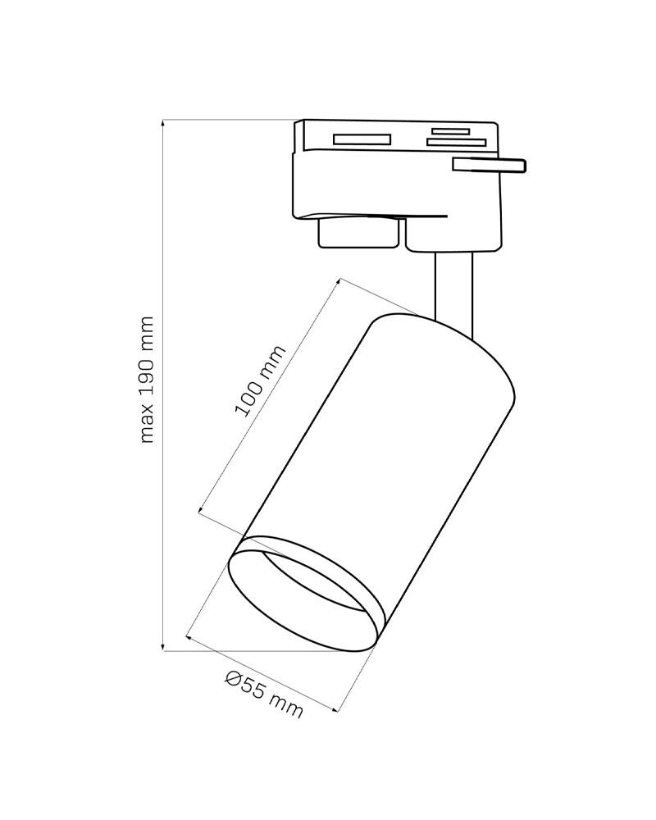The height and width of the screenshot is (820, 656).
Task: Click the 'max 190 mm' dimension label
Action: click(x=147, y=379)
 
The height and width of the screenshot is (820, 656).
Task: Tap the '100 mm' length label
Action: click(x=260, y=380)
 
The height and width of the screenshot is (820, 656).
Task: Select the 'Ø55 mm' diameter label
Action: click(x=263, y=695)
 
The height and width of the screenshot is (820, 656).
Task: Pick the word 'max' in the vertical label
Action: click(x=147, y=426)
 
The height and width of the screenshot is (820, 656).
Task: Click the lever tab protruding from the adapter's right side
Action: click(x=489, y=165)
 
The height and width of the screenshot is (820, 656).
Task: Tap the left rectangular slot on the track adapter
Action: click(x=362, y=139)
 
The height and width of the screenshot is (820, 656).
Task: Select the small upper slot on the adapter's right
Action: click(x=451, y=130)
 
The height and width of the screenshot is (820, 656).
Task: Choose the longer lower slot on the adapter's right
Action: click(x=456, y=143)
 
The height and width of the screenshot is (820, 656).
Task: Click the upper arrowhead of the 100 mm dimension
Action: click(x=339, y=282)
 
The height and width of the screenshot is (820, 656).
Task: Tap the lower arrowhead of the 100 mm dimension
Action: click(x=201, y=512)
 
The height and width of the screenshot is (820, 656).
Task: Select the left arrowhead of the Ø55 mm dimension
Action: click(x=190, y=635)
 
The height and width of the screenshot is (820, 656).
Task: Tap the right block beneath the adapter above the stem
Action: click(x=453, y=235)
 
